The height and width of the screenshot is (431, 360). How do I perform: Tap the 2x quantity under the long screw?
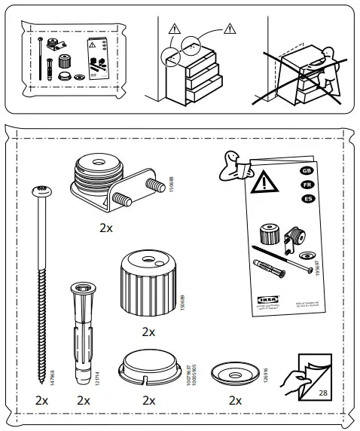[42, 400]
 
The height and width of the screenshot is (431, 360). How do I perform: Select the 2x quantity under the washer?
[236, 400]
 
